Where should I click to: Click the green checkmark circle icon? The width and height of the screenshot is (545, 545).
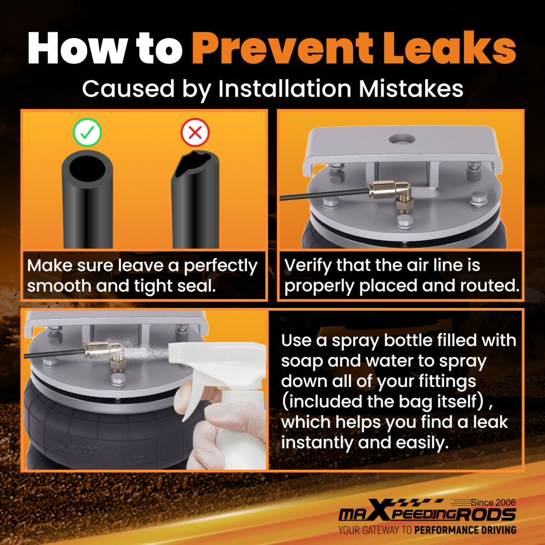87,132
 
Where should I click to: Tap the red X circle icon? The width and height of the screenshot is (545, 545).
195,132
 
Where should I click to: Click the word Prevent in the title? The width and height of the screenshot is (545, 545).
282,48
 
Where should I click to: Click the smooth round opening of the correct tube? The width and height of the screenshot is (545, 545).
87,167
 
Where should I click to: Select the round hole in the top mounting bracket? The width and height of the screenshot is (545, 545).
402,140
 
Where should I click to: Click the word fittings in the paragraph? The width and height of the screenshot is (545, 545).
447,382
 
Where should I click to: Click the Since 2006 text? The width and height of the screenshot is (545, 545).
493,502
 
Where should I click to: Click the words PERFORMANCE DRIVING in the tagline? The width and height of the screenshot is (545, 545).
465,530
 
